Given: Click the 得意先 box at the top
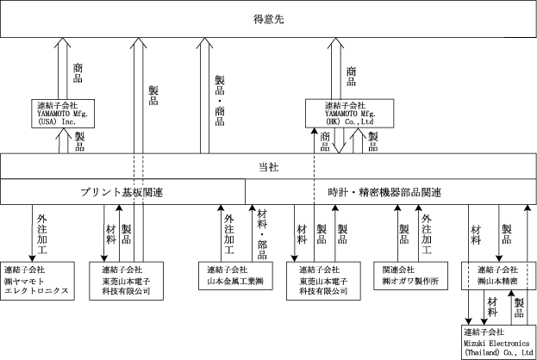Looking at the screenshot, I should point(268,19).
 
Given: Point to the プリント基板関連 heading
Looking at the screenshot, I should point(122,190).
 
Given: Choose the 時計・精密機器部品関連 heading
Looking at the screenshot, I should point(385,190).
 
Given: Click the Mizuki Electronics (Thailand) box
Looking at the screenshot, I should point(498,342).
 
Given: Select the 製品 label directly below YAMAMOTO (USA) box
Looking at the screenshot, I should point(79,141).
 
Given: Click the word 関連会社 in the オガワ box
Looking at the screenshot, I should point(397,270).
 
